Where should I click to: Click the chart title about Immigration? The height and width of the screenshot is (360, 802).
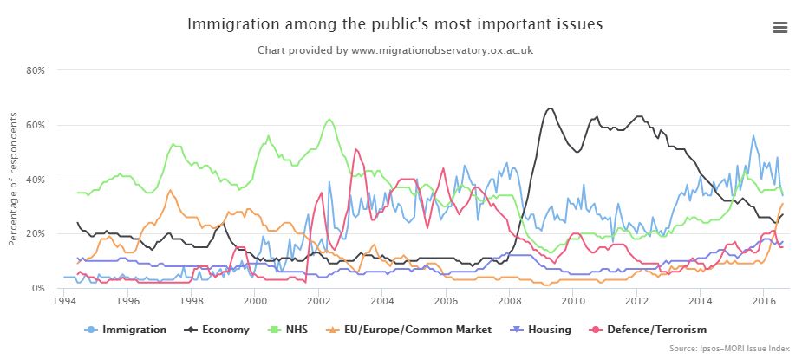click(394, 23)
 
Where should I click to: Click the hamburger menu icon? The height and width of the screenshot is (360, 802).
click(779, 27)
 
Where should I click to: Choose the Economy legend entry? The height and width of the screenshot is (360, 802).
click(219, 330)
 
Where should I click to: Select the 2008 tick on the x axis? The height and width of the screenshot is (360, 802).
click(509, 301)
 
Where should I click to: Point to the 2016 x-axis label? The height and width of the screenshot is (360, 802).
click(763, 301)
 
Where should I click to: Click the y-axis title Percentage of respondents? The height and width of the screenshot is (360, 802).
click(14, 179)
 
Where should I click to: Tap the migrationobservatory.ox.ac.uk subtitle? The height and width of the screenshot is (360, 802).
click(394, 50)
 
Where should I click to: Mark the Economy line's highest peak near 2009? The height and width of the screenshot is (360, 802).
click(549, 108)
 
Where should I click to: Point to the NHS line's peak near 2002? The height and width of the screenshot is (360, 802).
click(329, 120)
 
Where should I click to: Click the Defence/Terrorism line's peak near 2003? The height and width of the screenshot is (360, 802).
click(356, 149)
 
